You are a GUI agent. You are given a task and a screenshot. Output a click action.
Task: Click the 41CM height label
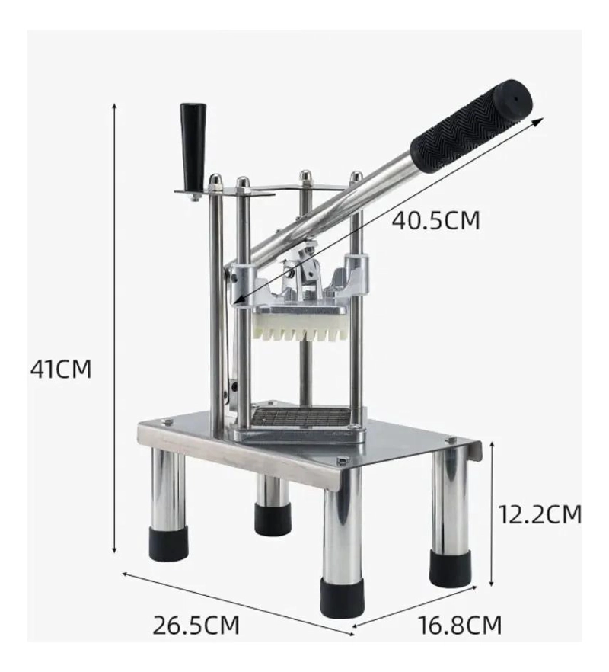click(x=61, y=369)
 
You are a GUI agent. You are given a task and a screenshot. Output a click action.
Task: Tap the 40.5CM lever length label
click(x=435, y=221)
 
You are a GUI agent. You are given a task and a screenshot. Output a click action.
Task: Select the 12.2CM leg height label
click(x=540, y=514)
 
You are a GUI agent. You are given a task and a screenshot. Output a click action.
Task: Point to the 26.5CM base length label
click(x=196, y=626)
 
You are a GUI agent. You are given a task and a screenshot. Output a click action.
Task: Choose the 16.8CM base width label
click(x=460, y=626)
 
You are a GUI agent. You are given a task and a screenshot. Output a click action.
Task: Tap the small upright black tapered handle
click(x=193, y=148)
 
